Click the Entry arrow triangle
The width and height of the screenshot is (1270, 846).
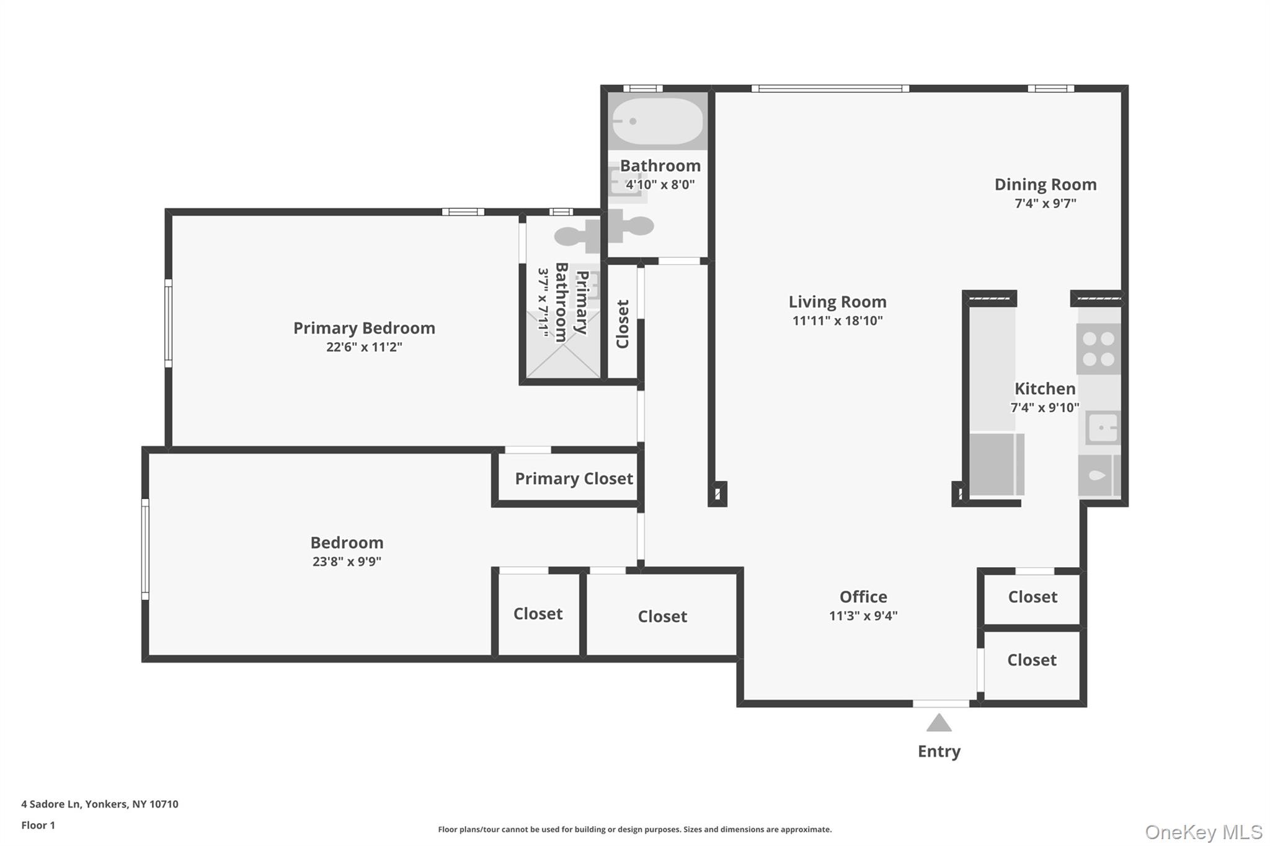[x=939, y=723]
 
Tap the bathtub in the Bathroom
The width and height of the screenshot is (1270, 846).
[x=657, y=121]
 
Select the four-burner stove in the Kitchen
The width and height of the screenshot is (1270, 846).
[x=1098, y=349]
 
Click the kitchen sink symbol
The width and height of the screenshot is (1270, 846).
[x=1104, y=428]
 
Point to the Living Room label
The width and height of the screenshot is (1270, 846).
[x=837, y=302]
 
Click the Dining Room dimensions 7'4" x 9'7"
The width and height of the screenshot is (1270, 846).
[x=1045, y=203]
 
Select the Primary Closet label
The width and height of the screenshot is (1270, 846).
[x=574, y=478]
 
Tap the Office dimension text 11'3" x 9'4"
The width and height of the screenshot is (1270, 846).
[x=863, y=615]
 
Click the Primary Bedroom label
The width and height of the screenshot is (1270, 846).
[x=364, y=328]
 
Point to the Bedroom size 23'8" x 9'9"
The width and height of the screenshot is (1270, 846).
[x=347, y=562]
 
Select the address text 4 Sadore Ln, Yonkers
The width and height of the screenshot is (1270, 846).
[x=100, y=804]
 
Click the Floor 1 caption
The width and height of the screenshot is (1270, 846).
[x=38, y=825]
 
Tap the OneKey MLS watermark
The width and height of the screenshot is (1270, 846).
[x=1203, y=832]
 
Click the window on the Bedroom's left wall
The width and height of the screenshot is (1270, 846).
[x=146, y=549]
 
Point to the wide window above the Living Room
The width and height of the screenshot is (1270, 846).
[x=830, y=89]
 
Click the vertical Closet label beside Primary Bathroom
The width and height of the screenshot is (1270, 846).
[x=623, y=324]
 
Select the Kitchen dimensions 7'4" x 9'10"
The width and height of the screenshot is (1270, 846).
[x=1045, y=408]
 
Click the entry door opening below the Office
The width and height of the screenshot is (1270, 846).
[x=941, y=703]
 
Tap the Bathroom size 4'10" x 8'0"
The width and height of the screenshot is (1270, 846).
[x=660, y=185]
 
